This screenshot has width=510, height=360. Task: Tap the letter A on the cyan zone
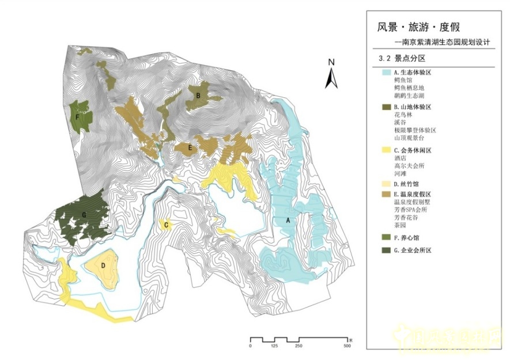[288, 220]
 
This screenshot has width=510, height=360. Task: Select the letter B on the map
[198, 94]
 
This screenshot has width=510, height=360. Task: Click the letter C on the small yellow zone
[167, 225]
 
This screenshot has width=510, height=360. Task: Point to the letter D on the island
[103, 266]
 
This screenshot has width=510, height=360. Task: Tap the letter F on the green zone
[77, 116]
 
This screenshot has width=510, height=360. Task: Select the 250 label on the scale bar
[299, 346]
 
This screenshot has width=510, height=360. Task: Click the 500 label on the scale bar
[347, 346]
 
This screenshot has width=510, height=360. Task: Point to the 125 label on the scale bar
[274, 346]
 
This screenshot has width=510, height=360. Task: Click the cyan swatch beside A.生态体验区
[387, 73]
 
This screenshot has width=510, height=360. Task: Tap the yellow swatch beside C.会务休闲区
[387, 150]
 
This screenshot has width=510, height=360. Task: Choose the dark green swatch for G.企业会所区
[387, 250]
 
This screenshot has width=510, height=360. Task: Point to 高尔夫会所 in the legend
[412, 165]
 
